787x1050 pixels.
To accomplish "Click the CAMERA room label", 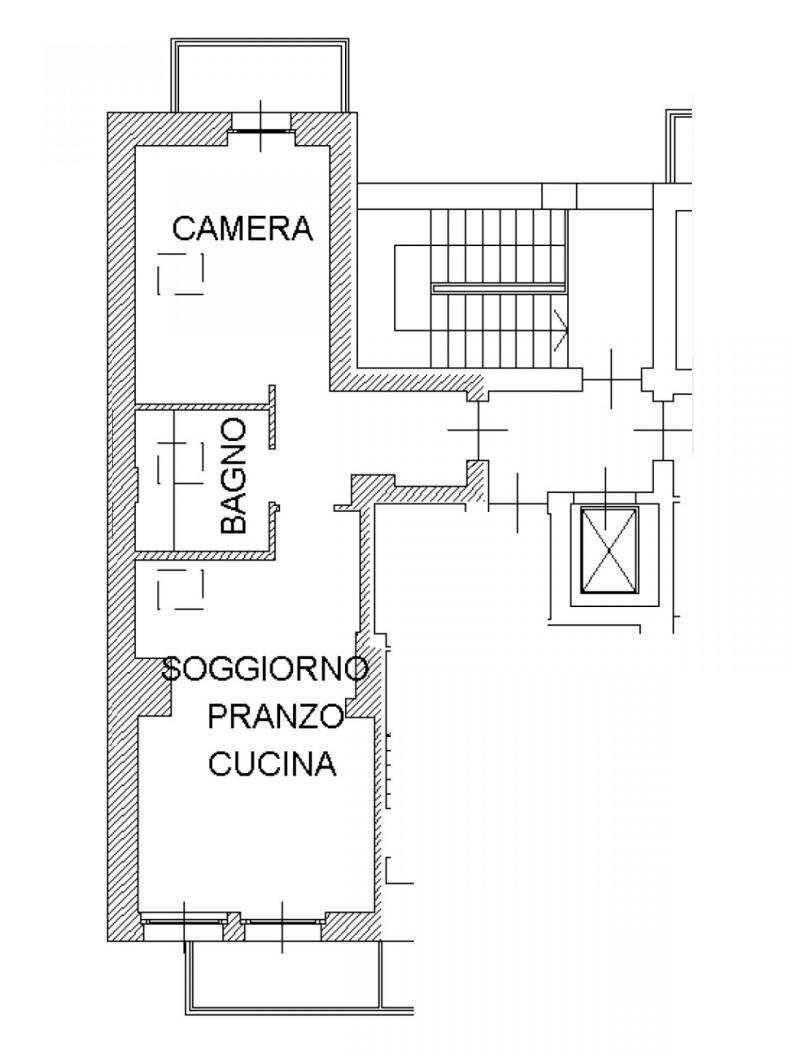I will click(x=243, y=228).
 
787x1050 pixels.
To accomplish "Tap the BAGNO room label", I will click(x=234, y=476).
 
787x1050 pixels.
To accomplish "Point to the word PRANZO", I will click(x=275, y=716).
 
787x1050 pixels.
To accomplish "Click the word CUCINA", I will click(x=271, y=765).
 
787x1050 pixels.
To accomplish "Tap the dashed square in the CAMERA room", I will click(x=181, y=274).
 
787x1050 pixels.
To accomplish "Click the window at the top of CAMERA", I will click(x=261, y=122).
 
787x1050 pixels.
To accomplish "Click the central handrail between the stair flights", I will click(x=497, y=288).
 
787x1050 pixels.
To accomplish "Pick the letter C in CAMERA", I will click(x=184, y=228).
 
